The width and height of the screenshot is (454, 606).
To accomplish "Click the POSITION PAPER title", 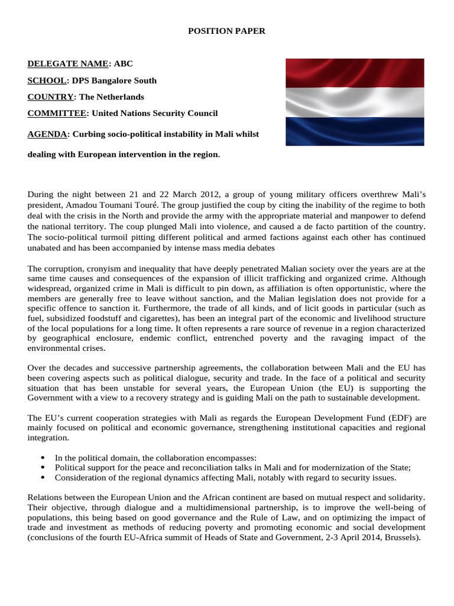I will click(226, 31).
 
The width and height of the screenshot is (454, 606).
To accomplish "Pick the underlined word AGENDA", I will click(47, 134).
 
